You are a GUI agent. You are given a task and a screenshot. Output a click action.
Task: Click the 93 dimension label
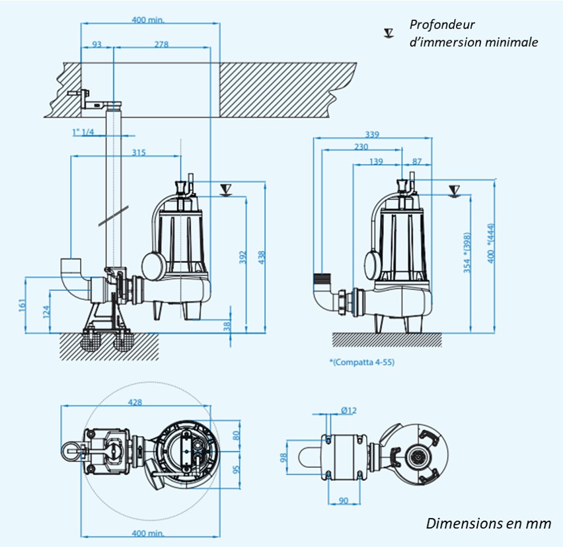point(97,44)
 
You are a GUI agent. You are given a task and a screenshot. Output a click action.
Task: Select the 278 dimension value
point(162,44)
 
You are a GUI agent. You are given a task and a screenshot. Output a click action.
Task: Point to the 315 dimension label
point(139,153)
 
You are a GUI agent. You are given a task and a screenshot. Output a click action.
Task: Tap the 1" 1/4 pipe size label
point(83,132)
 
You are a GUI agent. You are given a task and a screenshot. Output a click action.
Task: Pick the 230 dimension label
point(361,147)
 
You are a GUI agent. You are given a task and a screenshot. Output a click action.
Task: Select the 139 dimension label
point(377,161)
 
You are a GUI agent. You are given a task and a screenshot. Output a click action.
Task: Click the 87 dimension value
point(416,161)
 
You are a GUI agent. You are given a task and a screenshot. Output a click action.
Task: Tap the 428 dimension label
point(135,402)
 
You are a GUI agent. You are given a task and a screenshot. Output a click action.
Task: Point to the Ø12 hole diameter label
point(349,410)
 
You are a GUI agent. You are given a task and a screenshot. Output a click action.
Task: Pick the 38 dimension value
point(227,326)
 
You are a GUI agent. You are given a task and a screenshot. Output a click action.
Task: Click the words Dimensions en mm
point(488,523)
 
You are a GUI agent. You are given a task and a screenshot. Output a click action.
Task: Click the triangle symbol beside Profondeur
point(389,32)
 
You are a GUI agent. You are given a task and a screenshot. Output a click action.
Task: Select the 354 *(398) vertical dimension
point(467,252)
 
